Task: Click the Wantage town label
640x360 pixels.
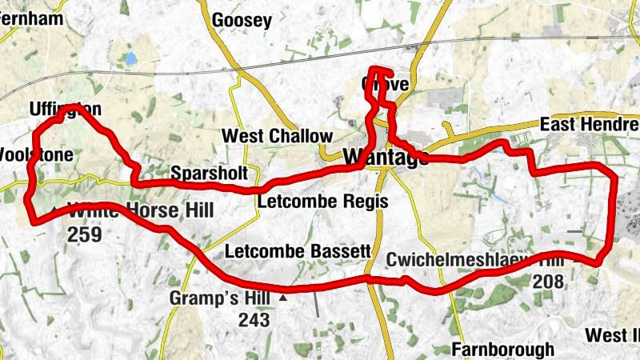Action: tap(386, 158)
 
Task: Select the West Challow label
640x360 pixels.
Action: tap(276, 136)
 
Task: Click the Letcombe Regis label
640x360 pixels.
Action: tap(322, 201)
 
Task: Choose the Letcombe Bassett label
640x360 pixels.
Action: tap(298, 251)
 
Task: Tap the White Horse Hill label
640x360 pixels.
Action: tap(141, 212)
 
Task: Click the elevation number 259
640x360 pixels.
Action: tap(85, 234)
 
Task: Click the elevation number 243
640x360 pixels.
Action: tap(254, 320)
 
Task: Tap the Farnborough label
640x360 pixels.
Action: tap(502, 349)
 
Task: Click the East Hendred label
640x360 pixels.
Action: tap(590, 125)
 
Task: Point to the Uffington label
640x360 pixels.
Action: tap(64, 109)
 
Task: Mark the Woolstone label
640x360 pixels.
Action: tap(36, 154)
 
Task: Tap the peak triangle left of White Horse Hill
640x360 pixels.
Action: tap(54, 211)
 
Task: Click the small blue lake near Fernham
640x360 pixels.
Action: tap(130, 58)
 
